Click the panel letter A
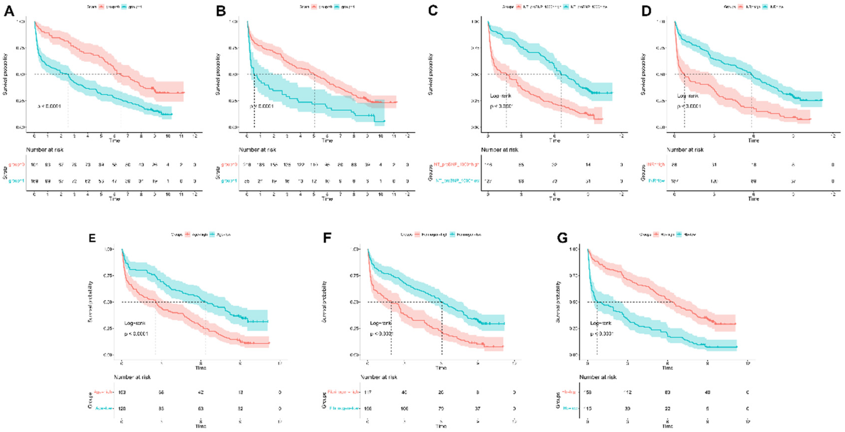click(x=9, y=11)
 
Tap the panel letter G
click(x=562, y=238)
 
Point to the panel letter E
click(x=92, y=238)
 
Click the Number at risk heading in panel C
click(x=500, y=150)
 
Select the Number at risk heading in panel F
click(x=379, y=377)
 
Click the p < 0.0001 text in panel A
click(x=49, y=106)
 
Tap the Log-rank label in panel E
click(x=135, y=323)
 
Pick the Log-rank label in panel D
click(x=688, y=96)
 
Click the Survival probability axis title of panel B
click(x=217, y=74)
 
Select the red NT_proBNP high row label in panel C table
click(x=456, y=165)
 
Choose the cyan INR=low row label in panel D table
click(x=656, y=181)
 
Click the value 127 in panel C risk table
click(x=488, y=181)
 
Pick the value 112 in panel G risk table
click(x=627, y=392)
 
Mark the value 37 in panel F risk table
click(x=478, y=408)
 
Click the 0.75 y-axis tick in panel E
click(x=108, y=275)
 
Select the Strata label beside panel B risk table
click(x=217, y=173)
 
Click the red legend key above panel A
click(x=102, y=7)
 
